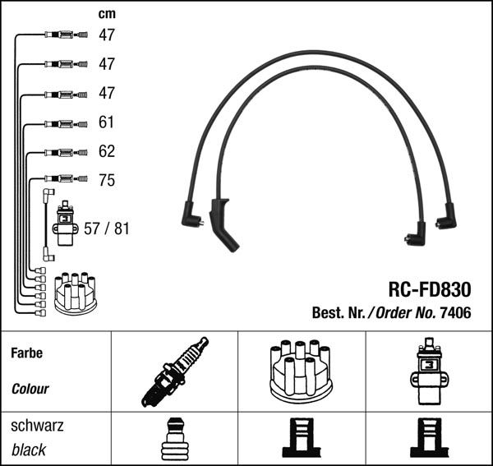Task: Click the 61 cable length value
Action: pyautogui.click(x=107, y=122)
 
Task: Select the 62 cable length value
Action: pyautogui.click(x=107, y=152)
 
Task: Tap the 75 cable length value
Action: pyautogui.click(x=107, y=181)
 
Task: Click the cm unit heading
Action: pyautogui.click(x=106, y=14)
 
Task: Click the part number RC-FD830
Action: pyautogui.click(x=429, y=290)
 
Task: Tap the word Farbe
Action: pyautogui.click(x=26, y=353)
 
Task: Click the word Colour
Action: pyautogui.click(x=30, y=389)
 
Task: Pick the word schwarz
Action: pyautogui.click(x=37, y=426)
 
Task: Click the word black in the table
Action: pyautogui.click(x=29, y=450)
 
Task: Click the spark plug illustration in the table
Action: pyautogui.click(x=173, y=372)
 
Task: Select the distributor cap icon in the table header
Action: pyautogui.click(x=299, y=371)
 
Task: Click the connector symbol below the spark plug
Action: pyautogui.click(x=173, y=441)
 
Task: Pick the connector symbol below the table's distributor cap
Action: pyautogui.click(x=300, y=441)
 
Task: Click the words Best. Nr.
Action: pyautogui.click(x=338, y=313)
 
